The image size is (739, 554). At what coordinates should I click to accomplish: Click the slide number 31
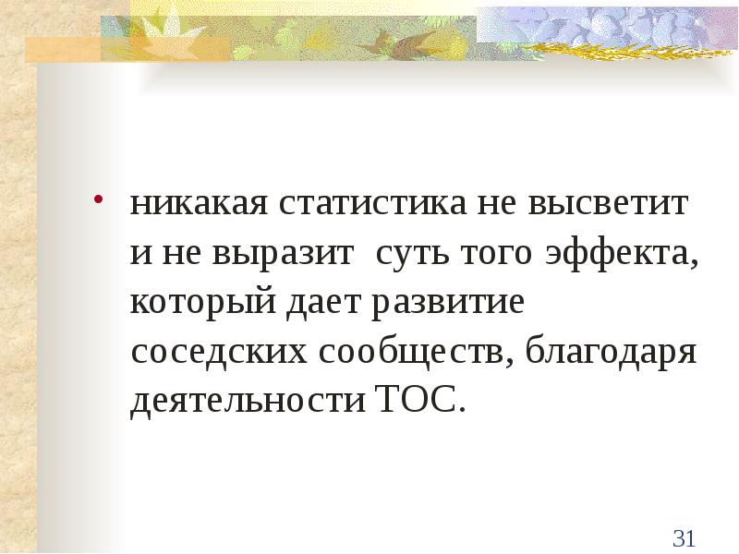tap(684, 538)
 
